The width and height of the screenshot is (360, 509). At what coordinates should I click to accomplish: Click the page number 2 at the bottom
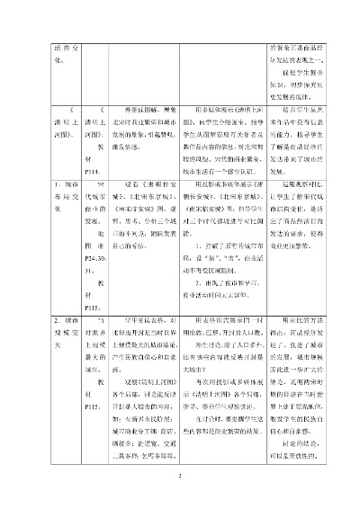click(180, 478)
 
